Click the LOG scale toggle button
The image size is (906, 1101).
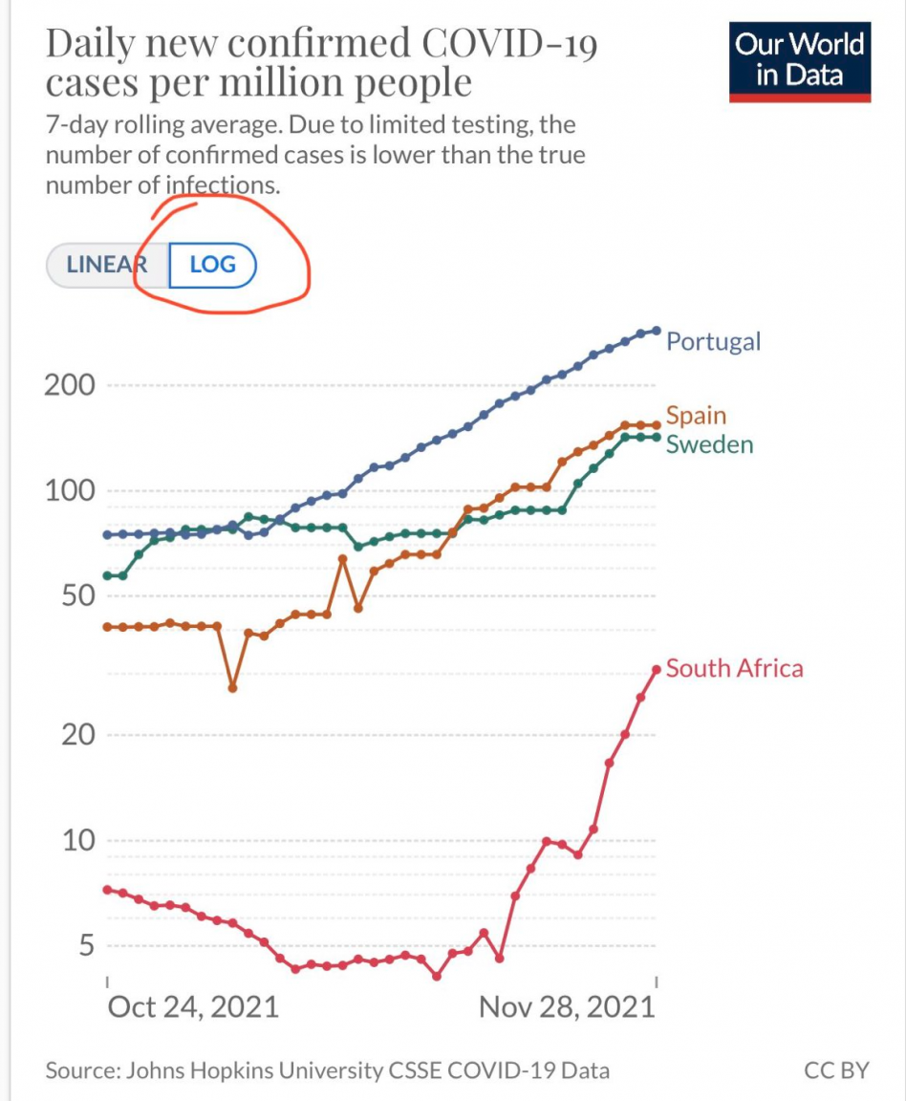click(213, 265)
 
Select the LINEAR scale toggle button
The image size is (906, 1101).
click(105, 265)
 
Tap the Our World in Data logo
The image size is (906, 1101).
click(800, 60)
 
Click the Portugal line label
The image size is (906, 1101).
click(713, 341)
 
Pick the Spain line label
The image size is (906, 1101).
click(696, 416)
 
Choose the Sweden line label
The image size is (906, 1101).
click(709, 444)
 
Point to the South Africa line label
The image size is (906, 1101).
click(734, 668)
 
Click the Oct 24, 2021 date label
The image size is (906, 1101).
click(192, 1006)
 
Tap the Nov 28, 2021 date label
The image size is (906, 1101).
click(567, 1006)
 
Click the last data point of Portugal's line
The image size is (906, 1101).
click(656, 331)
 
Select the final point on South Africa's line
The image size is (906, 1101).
click(657, 670)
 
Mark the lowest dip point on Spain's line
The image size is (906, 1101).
click(232, 687)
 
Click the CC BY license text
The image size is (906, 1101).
click(836, 1070)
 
